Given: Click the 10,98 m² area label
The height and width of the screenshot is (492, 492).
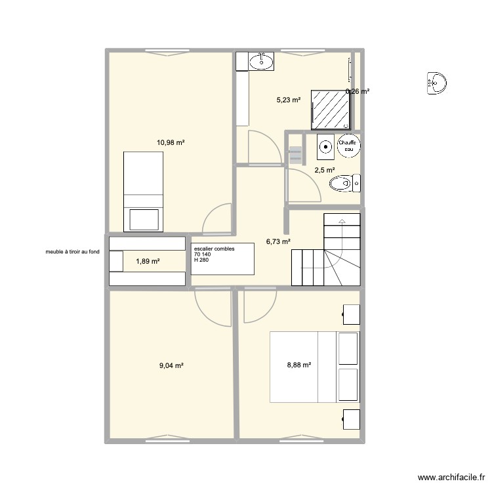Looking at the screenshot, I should [170, 142].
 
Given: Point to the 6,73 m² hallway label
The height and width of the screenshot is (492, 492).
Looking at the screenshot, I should [278, 241].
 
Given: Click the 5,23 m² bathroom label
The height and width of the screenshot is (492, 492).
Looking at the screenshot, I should [288, 100].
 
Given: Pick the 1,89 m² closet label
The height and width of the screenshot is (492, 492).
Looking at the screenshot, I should [148, 261].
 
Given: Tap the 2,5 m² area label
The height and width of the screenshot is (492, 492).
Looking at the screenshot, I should [325, 170].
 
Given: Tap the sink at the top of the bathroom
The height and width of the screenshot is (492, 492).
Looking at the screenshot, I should [262, 62].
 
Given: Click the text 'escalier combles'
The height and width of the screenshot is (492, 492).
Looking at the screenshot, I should [214, 249].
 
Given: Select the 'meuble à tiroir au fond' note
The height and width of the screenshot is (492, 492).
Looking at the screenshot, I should [72, 251].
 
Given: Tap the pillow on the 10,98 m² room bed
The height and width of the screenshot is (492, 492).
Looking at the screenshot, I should [144, 219].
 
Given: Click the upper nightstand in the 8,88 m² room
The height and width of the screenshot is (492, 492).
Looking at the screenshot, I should [350, 314].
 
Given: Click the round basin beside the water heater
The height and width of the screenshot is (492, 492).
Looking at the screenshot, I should [325, 147].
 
